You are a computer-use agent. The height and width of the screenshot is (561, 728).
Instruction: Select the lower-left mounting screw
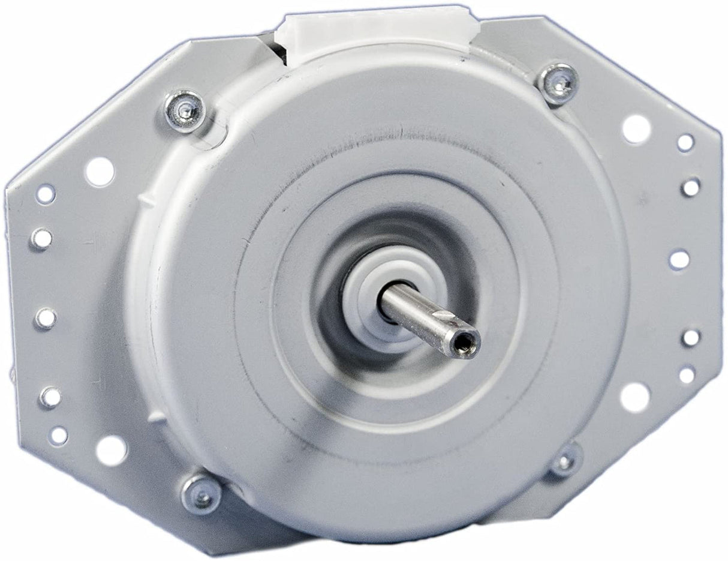(x=200, y=494)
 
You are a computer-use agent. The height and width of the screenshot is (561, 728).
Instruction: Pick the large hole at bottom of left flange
(x=112, y=449)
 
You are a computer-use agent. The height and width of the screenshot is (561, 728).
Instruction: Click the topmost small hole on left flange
(x=46, y=194)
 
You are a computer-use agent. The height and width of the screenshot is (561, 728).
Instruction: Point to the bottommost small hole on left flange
(x=58, y=436)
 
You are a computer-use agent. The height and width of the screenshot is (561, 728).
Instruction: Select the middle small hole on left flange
(x=45, y=318)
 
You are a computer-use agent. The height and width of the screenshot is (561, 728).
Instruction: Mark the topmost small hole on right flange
(x=685, y=143)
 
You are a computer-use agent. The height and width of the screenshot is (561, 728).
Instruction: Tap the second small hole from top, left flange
(x=41, y=239)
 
